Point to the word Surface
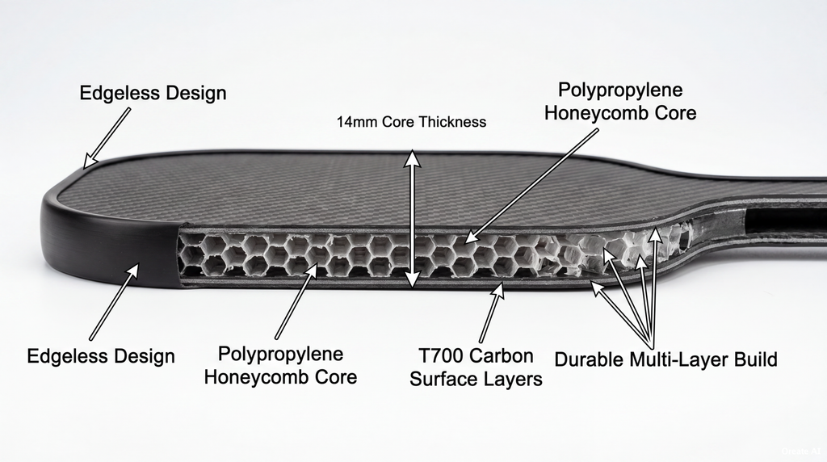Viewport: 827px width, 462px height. pos(444,379)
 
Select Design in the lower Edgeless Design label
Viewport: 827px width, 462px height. pos(145,356)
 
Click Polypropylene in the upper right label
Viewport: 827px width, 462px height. pos(620,90)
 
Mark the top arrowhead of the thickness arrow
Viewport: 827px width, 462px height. pos(413,157)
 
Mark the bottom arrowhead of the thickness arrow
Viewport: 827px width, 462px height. pos(413,280)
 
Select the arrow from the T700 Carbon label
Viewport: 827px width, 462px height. pos(491,313)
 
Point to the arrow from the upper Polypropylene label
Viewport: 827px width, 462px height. pos(531,185)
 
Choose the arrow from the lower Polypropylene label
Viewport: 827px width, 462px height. pos(296,301)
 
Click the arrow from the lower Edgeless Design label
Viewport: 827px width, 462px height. pos(114,302)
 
